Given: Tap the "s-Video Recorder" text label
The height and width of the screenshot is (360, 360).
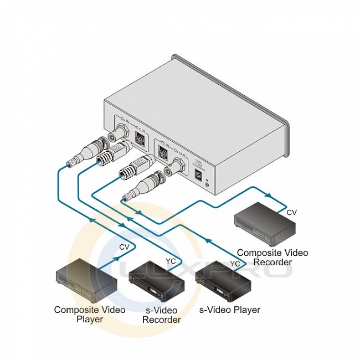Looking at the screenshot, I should (161, 315).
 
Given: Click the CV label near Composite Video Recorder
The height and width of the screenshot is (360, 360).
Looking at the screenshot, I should (291, 212).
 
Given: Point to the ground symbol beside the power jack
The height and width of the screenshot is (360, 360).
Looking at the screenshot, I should (208, 182).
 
